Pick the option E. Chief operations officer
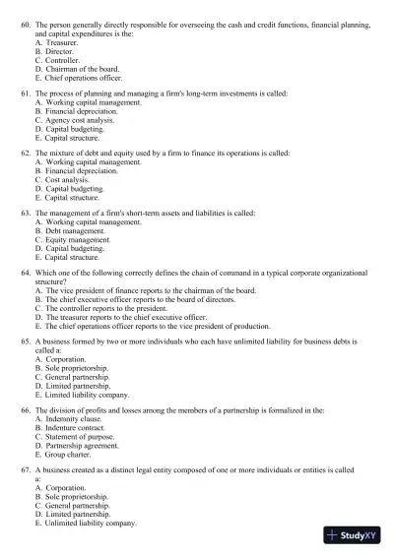(x=81, y=78)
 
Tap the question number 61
(x=25, y=92)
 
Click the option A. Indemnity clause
(x=70, y=419)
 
